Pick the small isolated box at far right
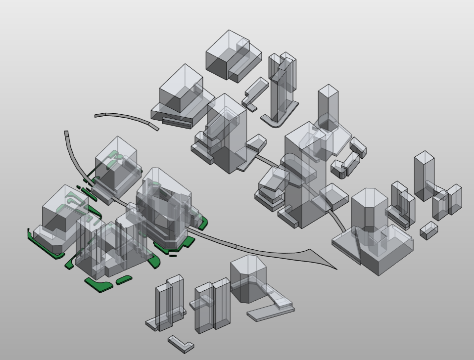pyautogui.click(x=429, y=230)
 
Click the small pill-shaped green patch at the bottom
pyautogui.click(x=124, y=280)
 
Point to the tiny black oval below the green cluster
pyautogui.click(x=173, y=256)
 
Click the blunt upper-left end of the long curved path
pyautogui.click(x=66, y=134)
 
